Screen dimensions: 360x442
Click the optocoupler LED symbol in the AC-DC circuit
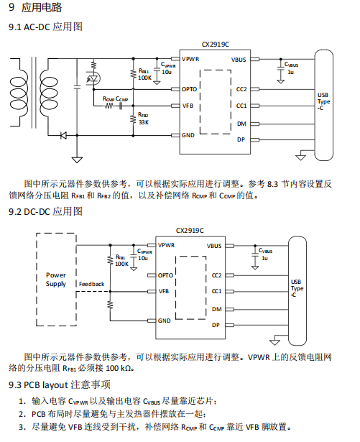[x=93, y=78]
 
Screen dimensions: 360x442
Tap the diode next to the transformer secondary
[x=63, y=136]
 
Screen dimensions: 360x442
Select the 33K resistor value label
[x=144, y=122]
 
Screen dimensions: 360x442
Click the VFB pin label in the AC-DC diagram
[x=188, y=106]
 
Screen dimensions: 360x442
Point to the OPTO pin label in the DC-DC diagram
[x=165, y=275]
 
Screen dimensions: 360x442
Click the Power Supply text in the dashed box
[x=56, y=280]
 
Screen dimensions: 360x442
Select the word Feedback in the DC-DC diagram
[x=92, y=284]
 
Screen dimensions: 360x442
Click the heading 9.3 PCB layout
[x=60, y=385]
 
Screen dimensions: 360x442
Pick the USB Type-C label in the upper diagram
[x=323, y=101]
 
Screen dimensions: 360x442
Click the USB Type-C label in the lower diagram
[x=297, y=288]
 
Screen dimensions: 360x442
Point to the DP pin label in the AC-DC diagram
[x=241, y=139]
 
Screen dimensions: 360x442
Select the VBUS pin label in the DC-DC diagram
[x=214, y=246]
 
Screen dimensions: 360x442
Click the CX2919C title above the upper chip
[x=216, y=45]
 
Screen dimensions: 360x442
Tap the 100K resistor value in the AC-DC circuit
[x=145, y=78]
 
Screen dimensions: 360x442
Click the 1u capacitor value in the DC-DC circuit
[x=264, y=258]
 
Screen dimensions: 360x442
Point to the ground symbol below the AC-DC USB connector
[x=300, y=157]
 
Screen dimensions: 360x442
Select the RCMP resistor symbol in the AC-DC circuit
[x=109, y=106]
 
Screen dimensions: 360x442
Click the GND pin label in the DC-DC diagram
[x=164, y=321]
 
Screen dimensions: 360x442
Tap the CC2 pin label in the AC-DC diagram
[x=241, y=89]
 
